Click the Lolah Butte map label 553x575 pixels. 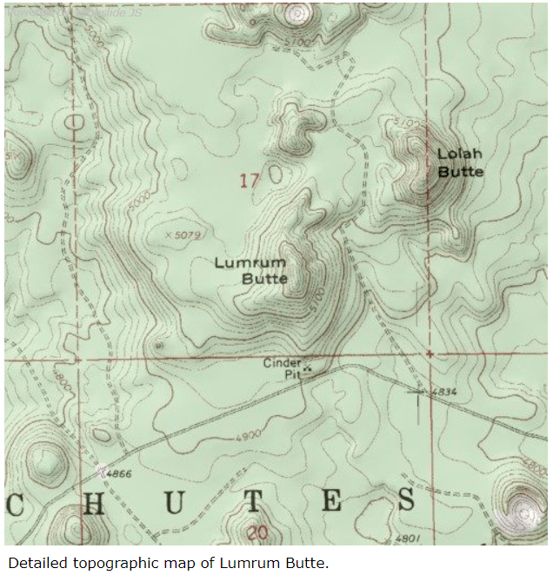coord(460,162)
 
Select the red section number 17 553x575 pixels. coord(250,181)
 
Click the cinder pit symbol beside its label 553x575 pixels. coord(308,367)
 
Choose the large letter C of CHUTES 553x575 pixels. coord(12,504)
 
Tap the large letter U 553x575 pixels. coord(174,503)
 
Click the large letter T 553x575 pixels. coord(251,503)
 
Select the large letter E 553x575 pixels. coord(331,502)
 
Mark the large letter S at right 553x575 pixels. coord(406,501)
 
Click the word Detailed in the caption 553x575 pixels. coord(33,563)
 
